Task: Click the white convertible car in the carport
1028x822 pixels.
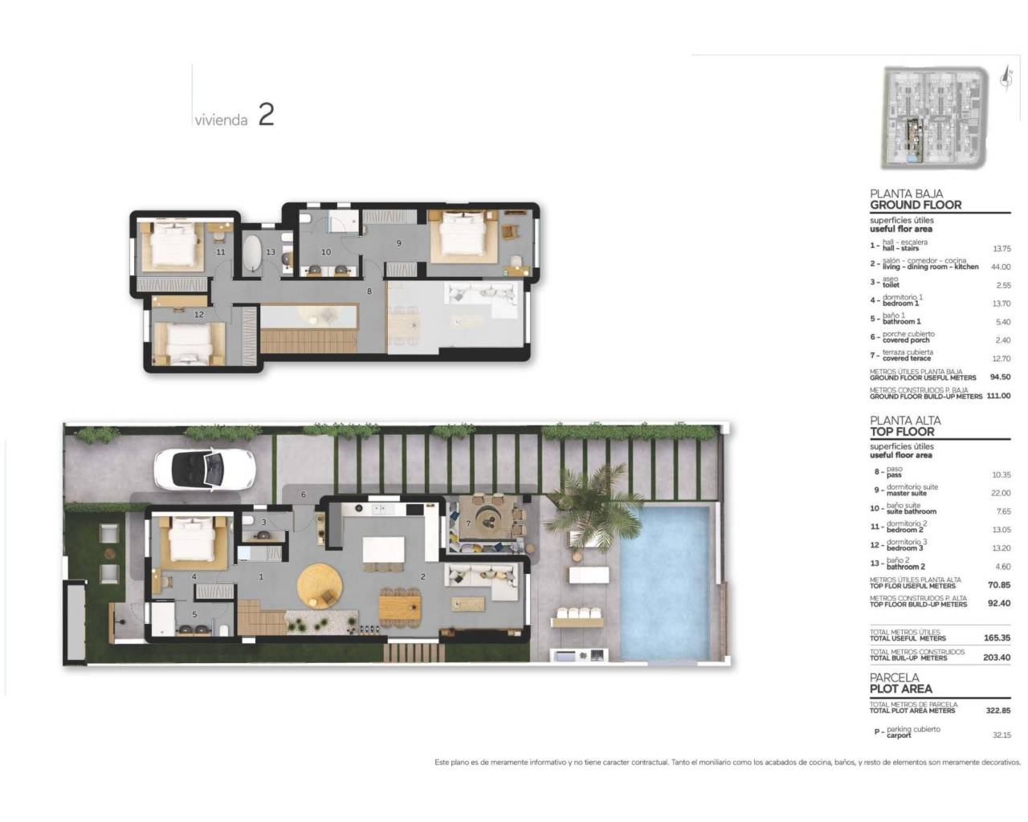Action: [x=205, y=468]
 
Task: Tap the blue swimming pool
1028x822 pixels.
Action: [x=664, y=579]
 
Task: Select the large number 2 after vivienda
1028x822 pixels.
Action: [x=266, y=115]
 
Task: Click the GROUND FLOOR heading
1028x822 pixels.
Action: [x=915, y=205]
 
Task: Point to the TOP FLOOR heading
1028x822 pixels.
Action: [x=902, y=431]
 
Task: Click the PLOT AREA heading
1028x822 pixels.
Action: [x=900, y=689]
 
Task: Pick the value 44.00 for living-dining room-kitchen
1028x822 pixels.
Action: [x=1000, y=267]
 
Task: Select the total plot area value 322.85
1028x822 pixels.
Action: [x=998, y=710]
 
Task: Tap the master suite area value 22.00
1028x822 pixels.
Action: [x=1000, y=493]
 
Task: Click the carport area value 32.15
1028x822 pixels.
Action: [x=1001, y=735]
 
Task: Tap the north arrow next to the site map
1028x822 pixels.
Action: [x=1005, y=78]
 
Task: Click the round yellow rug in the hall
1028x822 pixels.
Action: [x=320, y=584]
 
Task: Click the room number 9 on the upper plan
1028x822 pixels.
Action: [x=398, y=243]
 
